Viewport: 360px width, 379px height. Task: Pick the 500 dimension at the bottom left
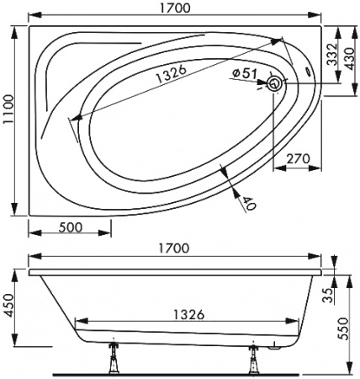coord(71,227)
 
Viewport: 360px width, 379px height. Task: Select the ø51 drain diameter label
coord(244,74)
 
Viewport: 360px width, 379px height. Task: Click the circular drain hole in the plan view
coord(275,84)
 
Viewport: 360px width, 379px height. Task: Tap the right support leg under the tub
coord(251,359)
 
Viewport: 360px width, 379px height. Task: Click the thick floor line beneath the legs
coord(180,372)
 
